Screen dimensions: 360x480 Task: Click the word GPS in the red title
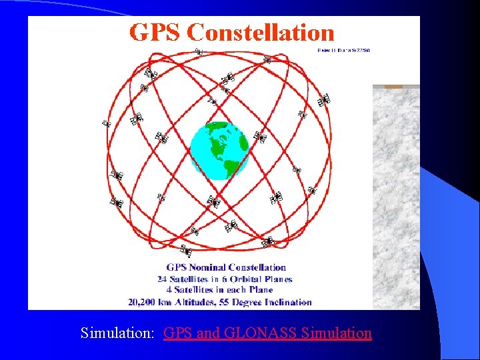tap(155, 33)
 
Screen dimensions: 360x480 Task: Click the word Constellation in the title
tap(261, 33)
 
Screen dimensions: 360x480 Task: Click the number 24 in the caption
tap(163, 279)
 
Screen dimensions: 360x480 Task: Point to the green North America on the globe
tap(215, 137)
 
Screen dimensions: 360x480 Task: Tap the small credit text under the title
tap(343, 50)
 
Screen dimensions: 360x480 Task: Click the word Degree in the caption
tap(255, 302)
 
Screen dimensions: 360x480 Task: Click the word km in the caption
tap(181, 302)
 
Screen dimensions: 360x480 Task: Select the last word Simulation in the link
tap(337, 333)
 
